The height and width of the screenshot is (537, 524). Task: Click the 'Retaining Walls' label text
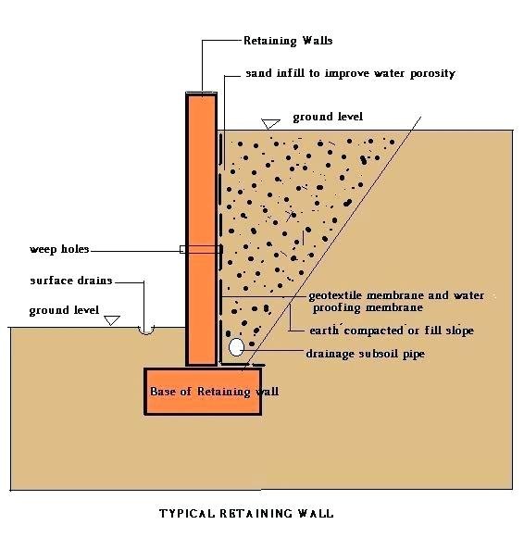[x=288, y=41]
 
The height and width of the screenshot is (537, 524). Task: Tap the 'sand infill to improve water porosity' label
[x=350, y=73]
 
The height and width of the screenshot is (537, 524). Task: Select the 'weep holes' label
[x=59, y=249]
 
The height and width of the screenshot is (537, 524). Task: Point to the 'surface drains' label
[x=71, y=281]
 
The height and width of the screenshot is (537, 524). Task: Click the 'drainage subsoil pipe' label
[x=366, y=354]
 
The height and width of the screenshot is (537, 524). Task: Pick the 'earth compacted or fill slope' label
[x=392, y=331]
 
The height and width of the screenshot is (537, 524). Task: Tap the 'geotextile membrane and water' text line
[x=396, y=295]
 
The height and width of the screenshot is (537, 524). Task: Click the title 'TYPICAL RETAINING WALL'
[x=246, y=513]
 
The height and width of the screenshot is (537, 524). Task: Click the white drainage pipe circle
[x=236, y=347]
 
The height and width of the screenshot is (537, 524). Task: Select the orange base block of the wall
[x=203, y=392]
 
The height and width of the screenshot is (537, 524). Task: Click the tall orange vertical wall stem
[x=202, y=230]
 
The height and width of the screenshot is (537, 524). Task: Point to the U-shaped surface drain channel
[x=146, y=331]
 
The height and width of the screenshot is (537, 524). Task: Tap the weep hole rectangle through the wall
[x=201, y=249]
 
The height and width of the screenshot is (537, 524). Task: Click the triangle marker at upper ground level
[x=270, y=124]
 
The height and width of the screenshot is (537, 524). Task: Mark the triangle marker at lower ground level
[x=112, y=320]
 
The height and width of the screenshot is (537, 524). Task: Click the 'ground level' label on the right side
[x=328, y=118]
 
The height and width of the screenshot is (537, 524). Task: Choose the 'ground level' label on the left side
[x=64, y=310]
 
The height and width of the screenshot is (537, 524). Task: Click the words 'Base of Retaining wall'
[x=215, y=392]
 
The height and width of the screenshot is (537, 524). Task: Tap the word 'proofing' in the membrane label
[x=337, y=308]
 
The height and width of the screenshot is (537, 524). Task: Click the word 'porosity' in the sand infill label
[x=433, y=74]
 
